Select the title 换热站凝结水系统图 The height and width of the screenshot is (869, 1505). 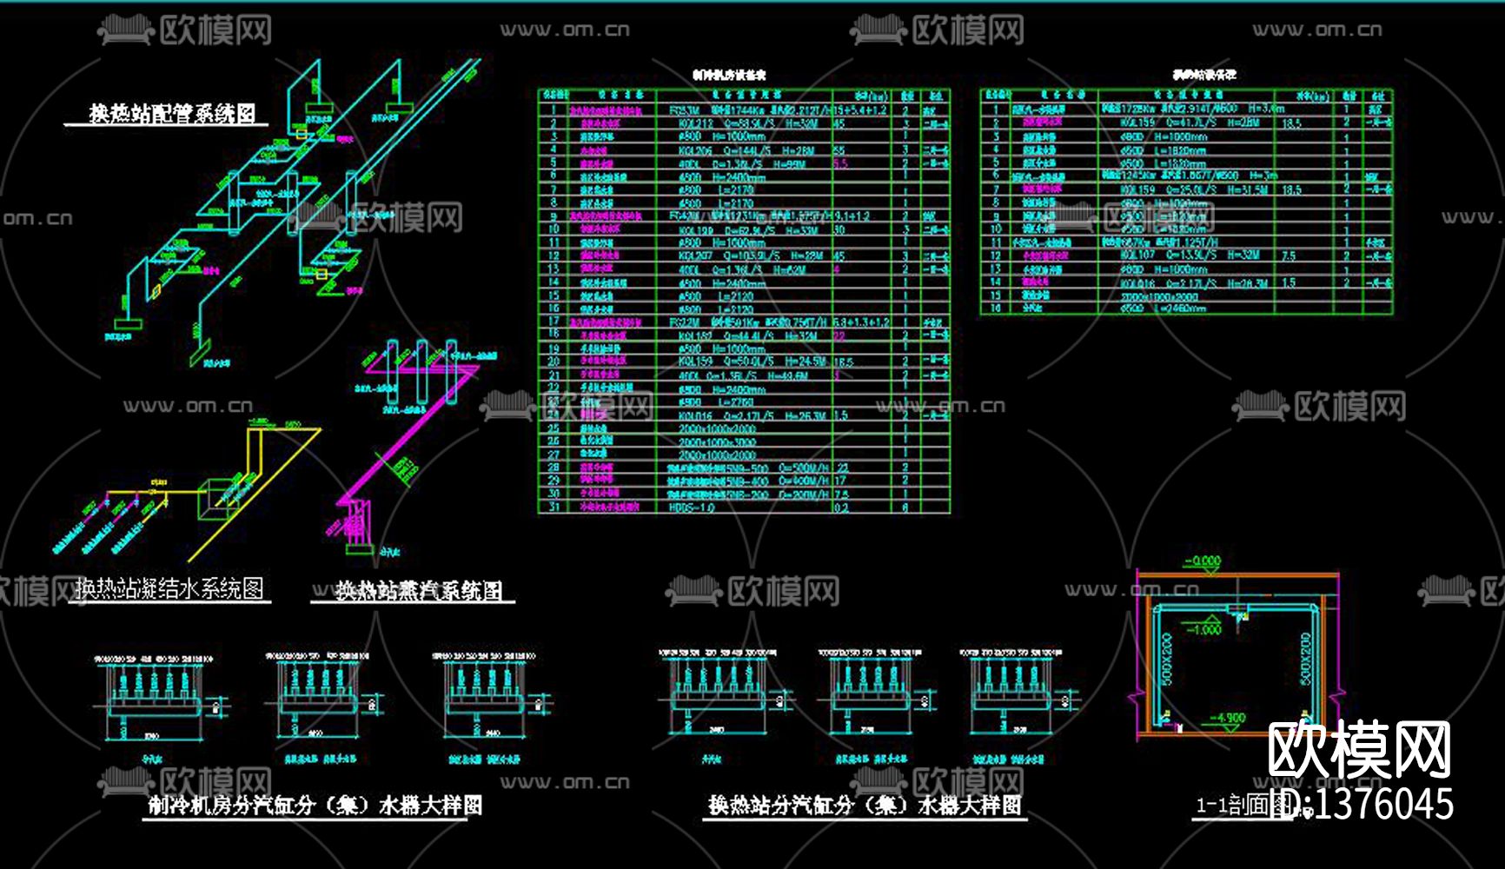coord(169,589)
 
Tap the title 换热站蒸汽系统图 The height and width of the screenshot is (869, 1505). coord(419,592)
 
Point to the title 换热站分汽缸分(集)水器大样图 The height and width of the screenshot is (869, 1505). coord(864,806)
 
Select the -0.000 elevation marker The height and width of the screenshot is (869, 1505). coord(1203,561)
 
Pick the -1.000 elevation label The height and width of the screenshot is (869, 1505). coord(1205,628)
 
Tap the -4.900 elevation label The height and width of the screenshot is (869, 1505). coord(1228,718)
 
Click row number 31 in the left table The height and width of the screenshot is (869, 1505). coord(554,507)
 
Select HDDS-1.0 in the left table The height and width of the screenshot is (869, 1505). coord(692,507)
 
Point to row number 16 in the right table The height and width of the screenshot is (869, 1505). coord(996,308)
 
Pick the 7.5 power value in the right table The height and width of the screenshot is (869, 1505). coord(1289,256)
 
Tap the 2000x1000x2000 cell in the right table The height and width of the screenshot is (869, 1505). coord(1159,296)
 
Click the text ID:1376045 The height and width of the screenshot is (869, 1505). coord(1361,804)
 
